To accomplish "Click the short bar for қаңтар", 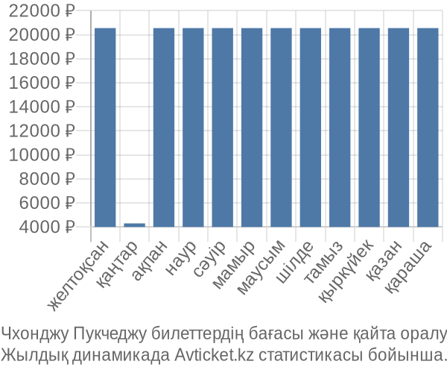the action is (x=135, y=225).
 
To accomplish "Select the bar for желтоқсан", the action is (x=105, y=128).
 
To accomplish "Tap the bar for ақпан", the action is (x=164, y=128).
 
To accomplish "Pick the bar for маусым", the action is (x=281, y=128).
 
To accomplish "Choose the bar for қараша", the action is (x=428, y=128).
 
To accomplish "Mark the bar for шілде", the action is (x=311, y=128).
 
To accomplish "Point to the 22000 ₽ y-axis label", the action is (x=42, y=11).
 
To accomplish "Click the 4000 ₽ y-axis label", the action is (x=47, y=228).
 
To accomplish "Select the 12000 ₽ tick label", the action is (x=42, y=131).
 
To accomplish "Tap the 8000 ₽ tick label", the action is (x=47, y=179).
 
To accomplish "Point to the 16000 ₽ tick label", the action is (x=42, y=84).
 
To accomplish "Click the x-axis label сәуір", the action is (x=209, y=259).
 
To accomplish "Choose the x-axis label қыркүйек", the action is (x=346, y=271).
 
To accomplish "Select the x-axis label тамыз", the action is (x=323, y=262).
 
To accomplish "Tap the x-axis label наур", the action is (x=181, y=258).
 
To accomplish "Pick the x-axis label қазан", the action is (x=384, y=260).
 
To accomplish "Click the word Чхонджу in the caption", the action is (x=35, y=333).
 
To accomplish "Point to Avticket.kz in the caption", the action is (x=214, y=355).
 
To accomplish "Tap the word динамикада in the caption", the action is (x=121, y=355).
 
